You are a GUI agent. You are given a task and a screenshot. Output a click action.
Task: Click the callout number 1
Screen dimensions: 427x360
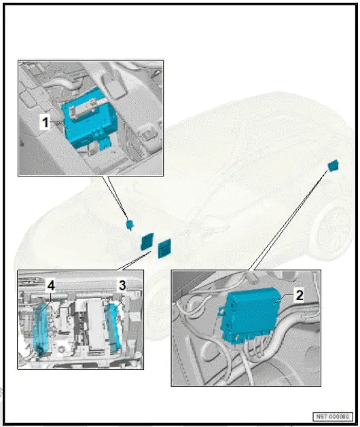(44, 123)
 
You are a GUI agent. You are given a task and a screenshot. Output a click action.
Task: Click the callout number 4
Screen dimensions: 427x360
(50, 287)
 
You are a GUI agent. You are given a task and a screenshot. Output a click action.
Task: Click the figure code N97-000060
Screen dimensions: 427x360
(333, 416)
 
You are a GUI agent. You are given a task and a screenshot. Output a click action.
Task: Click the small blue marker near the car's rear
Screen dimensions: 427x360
(333, 165)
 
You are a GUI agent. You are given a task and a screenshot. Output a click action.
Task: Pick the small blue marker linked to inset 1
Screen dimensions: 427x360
(130, 223)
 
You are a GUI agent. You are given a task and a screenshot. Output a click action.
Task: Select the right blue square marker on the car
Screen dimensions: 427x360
(164, 248)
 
